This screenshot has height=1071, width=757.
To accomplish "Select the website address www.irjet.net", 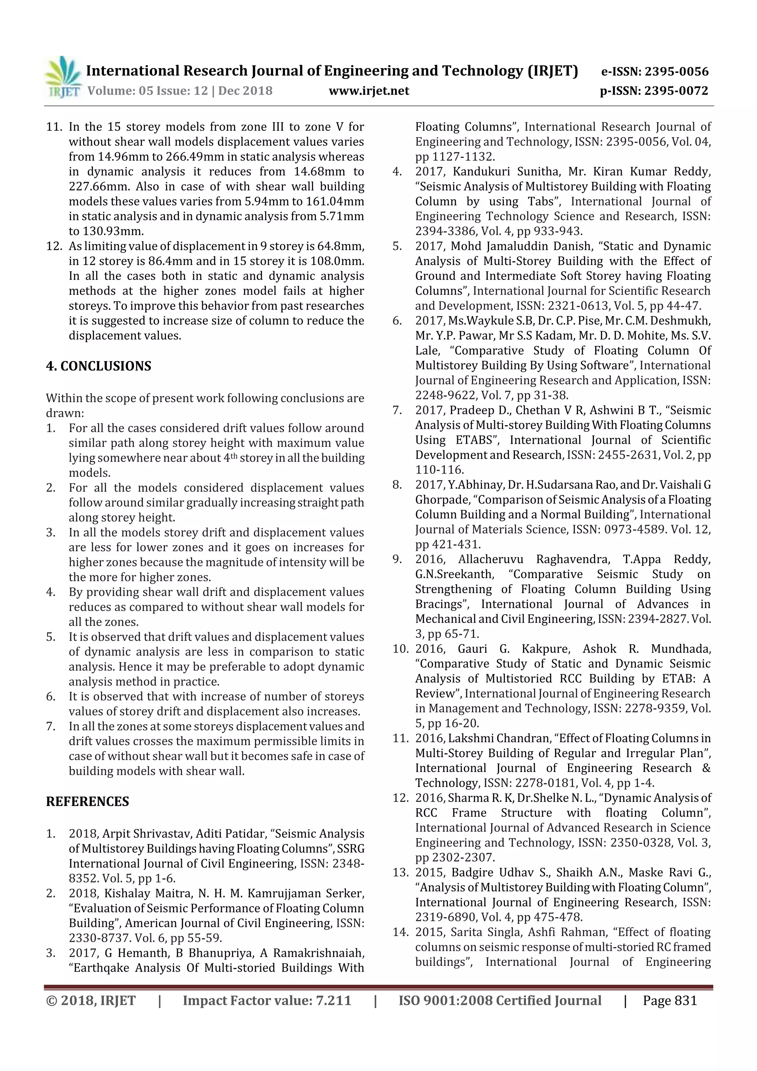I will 369,91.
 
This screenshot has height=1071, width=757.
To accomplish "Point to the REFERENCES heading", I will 87,801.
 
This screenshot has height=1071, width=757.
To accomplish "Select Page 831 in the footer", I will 669,1000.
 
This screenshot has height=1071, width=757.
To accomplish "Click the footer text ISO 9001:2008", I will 445,1000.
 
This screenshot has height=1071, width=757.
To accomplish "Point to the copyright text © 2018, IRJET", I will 91,1000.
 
